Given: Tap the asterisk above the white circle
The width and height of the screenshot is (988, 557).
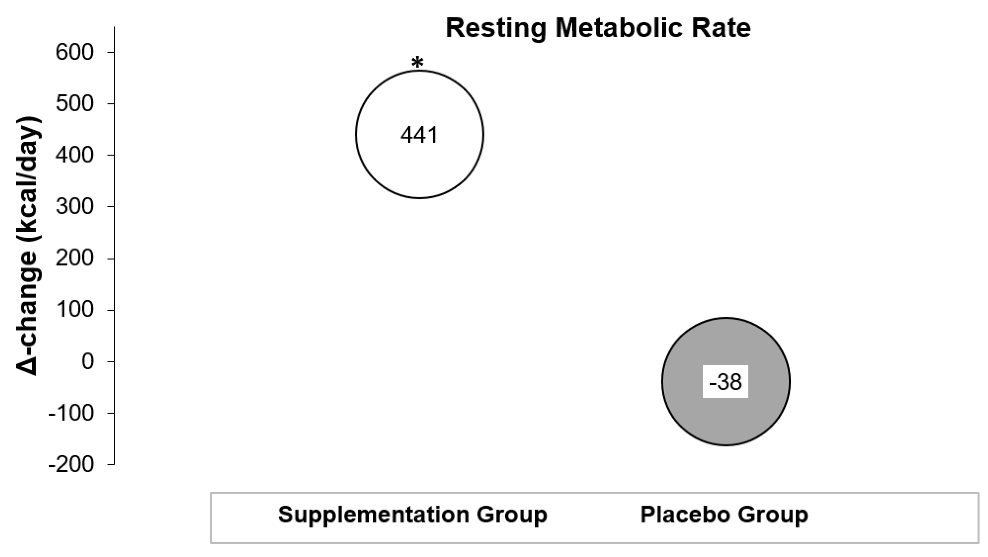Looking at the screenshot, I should (x=417, y=62).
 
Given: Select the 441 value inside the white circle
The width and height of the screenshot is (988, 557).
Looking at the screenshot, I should (x=419, y=135).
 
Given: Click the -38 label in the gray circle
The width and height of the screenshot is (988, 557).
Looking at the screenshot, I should (x=725, y=382).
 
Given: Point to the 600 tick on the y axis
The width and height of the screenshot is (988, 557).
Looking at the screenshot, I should (x=75, y=52).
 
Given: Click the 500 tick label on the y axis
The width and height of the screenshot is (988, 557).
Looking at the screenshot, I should (x=75, y=103).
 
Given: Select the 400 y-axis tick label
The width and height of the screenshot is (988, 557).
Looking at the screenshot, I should (x=75, y=155).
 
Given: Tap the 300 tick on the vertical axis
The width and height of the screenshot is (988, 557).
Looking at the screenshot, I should (x=75, y=206).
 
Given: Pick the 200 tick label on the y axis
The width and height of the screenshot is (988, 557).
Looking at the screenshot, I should (x=75, y=258).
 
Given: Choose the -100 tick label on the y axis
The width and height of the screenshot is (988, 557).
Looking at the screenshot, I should (x=71, y=413).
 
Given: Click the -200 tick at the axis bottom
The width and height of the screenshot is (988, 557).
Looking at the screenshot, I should (x=71, y=465).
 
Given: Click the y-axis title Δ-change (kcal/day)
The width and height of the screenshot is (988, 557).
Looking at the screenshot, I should (x=28, y=246).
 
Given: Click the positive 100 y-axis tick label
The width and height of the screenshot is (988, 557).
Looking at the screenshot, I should (x=75, y=310).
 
